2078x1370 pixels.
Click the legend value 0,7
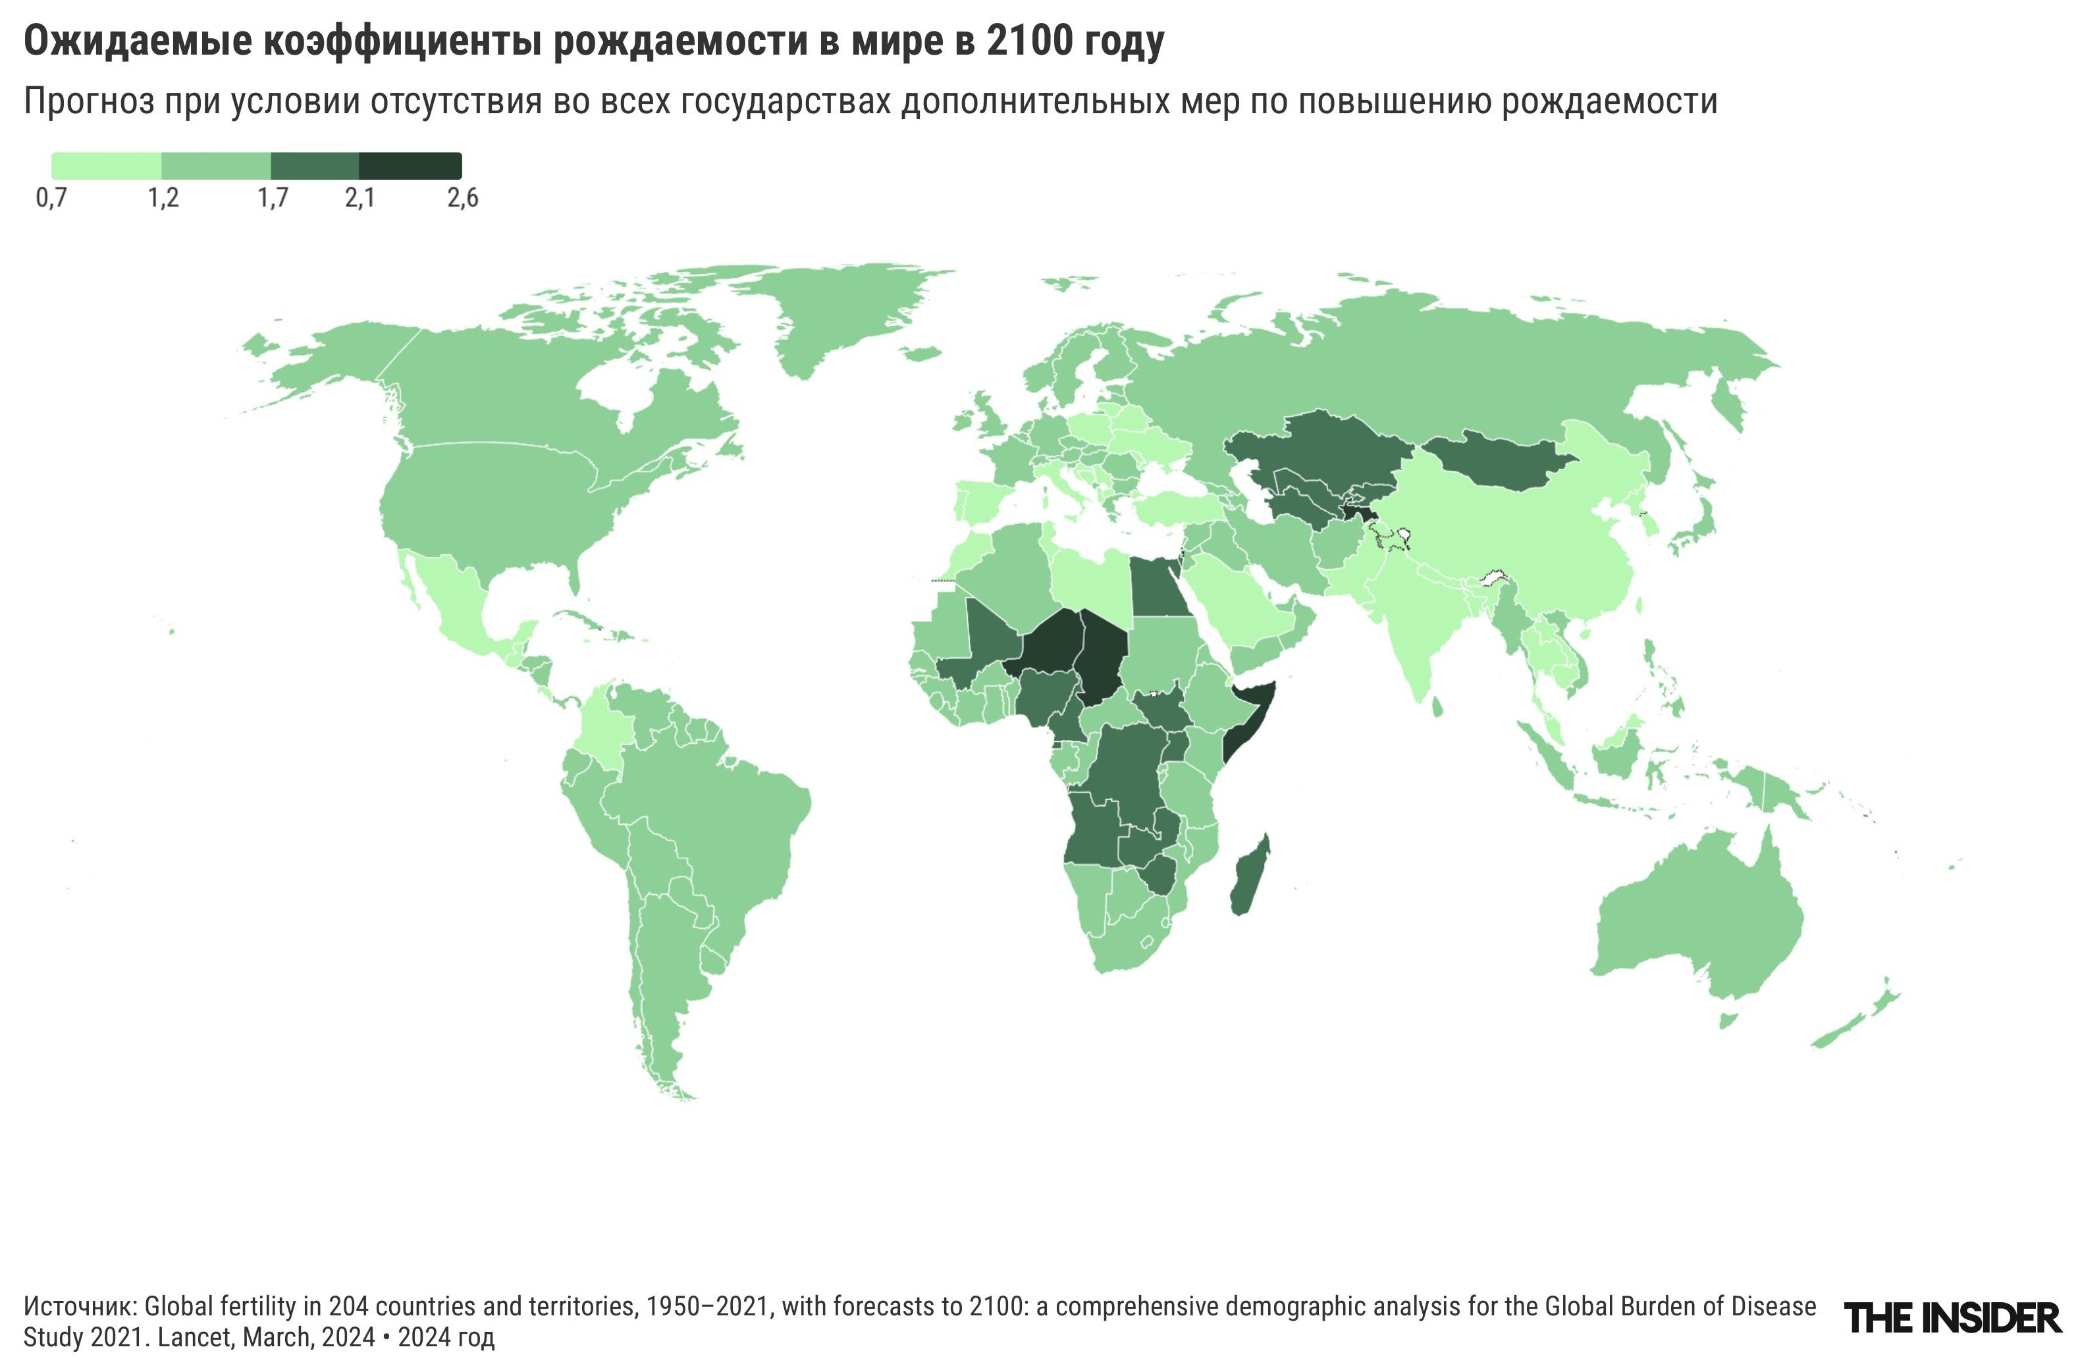(51, 198)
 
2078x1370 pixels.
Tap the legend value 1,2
(163, 198)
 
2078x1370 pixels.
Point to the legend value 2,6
(462, 198)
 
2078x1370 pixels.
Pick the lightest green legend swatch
(107, 166)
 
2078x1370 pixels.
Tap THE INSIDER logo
(1952, 1317)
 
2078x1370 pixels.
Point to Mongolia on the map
(1499, 463)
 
